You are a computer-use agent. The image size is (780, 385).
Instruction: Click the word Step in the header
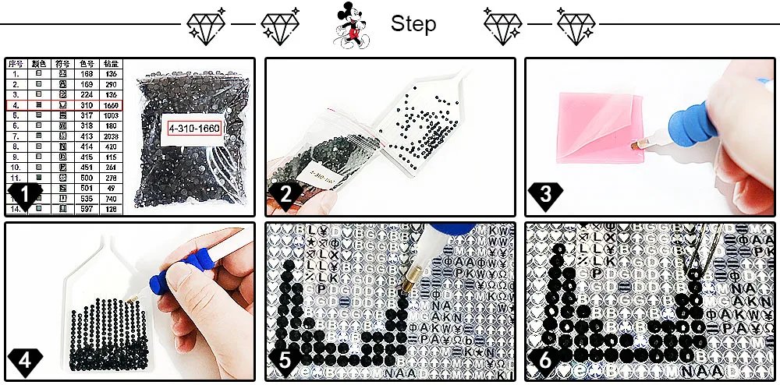pyautogui.click(x=413, y=24)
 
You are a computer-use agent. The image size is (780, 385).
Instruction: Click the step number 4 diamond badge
pyautogui.click(x=24, y=361)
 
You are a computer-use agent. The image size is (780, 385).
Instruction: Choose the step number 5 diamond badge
pyautogui.click(x=284, y=361)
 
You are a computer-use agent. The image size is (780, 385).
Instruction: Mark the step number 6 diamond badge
pyautogui.click(x=544, y=361)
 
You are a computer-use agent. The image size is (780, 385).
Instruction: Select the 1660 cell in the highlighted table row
pyautogui.click(x=112, y=104)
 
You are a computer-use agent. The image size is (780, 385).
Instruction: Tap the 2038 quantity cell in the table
pyautogui.click(x=112, y=136)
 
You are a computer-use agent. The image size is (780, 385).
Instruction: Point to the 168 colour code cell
pyautogui.click(x=88, y=72)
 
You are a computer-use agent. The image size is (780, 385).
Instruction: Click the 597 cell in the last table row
pyautogui.click(x=88, y=209)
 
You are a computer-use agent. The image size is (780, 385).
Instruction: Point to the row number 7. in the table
pyautogui.click(x=15, y=136)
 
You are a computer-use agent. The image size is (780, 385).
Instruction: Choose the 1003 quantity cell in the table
pyautogui.click(x=112, y=115)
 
